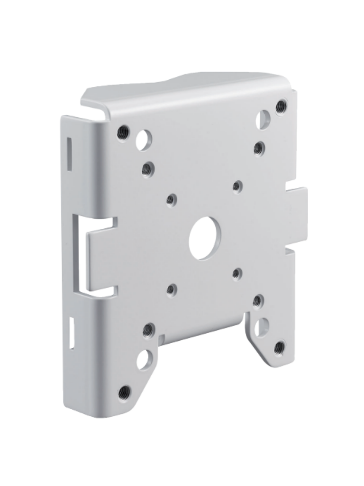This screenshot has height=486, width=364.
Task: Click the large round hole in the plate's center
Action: (206, 238)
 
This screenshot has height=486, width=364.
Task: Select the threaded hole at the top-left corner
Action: (123, 131)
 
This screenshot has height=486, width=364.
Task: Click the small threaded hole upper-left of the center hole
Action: (171, 199)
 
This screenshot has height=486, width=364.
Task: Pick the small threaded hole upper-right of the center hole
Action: (237, 187)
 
